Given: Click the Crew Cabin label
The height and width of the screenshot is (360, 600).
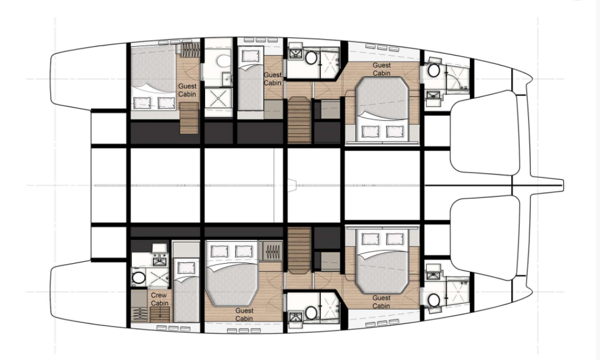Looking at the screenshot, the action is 159,299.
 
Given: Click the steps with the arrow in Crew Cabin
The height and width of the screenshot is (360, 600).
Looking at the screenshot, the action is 160,314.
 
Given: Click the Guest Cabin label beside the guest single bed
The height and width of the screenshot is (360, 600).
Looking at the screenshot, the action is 273,79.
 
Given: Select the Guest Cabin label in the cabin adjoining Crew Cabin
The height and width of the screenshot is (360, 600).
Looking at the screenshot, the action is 244,314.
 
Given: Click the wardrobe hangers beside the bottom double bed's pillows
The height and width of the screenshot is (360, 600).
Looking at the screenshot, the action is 273,252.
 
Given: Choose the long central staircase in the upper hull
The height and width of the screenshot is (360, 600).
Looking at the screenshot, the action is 299,120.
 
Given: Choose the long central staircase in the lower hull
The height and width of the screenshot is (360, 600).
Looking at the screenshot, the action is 299,250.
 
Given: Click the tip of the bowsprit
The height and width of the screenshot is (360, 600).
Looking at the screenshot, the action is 563,185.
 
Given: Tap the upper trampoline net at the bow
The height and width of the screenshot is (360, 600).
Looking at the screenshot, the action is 485,133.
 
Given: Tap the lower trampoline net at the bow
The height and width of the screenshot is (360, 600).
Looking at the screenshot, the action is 485,238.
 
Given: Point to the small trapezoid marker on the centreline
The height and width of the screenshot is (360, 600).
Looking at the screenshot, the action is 293,185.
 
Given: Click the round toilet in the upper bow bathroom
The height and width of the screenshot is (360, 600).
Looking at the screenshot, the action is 434,70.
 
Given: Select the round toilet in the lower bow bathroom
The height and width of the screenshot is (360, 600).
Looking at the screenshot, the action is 434,300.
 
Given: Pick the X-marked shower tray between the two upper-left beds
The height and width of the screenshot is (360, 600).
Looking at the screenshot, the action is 218,98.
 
